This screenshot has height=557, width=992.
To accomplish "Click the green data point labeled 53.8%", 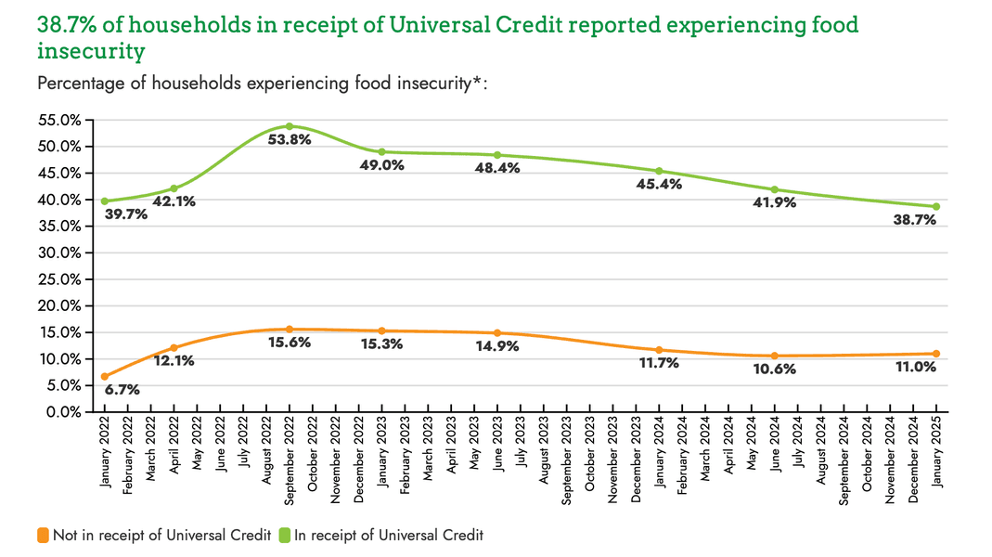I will (x=290, y=126).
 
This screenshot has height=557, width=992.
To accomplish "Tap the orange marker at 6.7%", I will (x=105, y=376).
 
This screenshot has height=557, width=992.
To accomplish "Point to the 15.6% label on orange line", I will (x=290, y=343).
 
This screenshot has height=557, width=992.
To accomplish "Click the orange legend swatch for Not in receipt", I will (x=43, y=535).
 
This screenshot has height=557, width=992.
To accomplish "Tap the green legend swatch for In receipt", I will (x=286, y=535).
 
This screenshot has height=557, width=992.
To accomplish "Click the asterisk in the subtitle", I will (x=477, y=83).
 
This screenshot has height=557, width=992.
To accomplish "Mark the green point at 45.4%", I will (x=659, y=171).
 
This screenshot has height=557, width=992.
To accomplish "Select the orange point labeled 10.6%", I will (x=774, y=356).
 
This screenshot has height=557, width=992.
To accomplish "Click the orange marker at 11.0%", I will (x=935, y=354).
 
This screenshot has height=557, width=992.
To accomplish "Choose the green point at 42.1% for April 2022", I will (x=174, y=188).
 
